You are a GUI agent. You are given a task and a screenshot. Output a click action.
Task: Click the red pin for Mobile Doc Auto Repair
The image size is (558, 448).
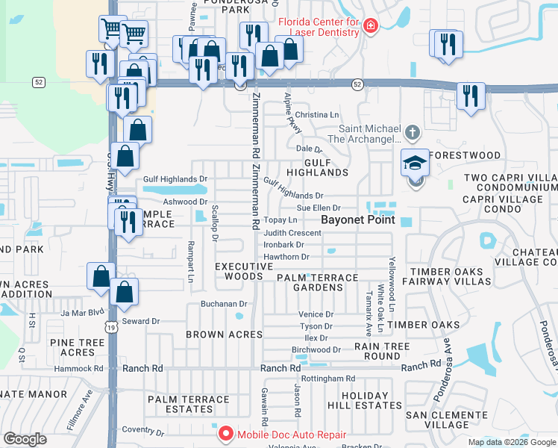(225, 434)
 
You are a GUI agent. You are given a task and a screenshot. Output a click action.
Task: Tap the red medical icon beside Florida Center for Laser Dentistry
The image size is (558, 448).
(371, 27)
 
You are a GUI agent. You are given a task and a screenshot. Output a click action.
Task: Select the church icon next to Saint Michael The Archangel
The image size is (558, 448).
(413, 134)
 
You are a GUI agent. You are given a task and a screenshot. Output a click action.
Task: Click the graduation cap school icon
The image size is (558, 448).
(416, 162)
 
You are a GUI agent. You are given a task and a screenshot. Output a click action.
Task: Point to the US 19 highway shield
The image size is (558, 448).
(111, 327)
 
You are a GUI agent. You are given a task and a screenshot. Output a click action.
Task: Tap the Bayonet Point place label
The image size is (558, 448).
(357, 221)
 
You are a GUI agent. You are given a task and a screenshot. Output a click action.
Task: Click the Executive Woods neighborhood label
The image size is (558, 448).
(244, 271)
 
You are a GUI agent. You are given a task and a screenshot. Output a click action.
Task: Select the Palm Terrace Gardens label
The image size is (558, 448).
(318, 283)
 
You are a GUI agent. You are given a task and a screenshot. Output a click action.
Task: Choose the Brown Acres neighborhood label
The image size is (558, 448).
(224, 335)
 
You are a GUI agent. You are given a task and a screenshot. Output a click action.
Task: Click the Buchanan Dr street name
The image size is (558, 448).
(224, 304)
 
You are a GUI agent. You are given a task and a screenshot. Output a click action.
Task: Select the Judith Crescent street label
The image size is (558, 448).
(292, 233)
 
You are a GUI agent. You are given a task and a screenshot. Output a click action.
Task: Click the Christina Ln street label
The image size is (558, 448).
(317, 115)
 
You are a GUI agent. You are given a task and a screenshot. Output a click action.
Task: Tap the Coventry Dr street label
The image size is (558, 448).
(143, 430)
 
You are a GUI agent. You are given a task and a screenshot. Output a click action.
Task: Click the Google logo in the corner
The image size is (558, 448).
(25, 438)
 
